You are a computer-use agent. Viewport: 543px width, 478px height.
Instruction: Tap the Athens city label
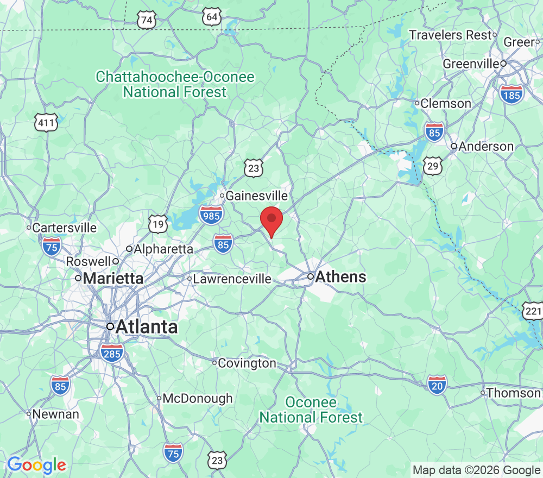pos(341,276)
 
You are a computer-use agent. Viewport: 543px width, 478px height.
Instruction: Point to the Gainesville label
pos(256,195)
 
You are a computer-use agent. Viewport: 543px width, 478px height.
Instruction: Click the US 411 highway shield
pos(46,123)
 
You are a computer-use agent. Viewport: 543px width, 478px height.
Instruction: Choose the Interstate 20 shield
pos(437,385)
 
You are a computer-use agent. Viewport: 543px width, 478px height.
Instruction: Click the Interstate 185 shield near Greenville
pos(512,93)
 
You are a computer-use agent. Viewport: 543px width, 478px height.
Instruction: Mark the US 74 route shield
pos(147,20)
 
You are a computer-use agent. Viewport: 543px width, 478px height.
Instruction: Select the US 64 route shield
pos(212,17)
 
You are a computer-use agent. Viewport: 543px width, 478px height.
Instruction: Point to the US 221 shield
pos(533,311)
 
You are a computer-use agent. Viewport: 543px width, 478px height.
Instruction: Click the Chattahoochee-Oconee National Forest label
pos(175,84)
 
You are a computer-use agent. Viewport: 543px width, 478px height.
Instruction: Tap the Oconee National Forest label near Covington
pos(311,410)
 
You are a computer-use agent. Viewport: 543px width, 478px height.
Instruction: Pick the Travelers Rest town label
pos(450,35)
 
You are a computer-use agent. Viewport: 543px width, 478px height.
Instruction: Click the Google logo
pos(36,465)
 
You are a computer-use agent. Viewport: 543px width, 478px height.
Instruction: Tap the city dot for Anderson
pos(454,146)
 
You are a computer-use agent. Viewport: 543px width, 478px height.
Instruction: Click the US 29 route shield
pos(433,166)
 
